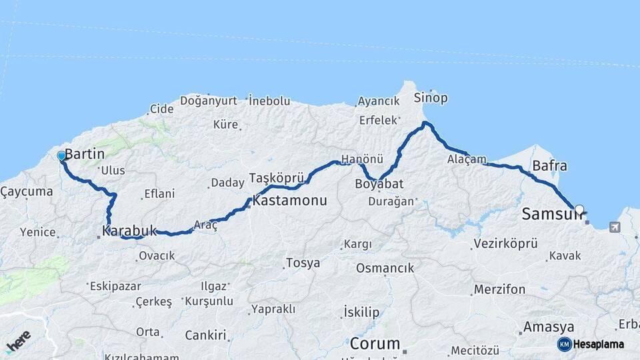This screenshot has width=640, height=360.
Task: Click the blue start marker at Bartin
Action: coord(61,156)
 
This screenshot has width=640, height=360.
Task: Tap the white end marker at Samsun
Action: coord(579,209)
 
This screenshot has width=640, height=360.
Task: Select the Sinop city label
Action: coord(431,98)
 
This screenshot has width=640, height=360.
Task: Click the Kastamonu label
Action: coord(289,201)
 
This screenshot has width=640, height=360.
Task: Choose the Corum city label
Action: coord(375,344)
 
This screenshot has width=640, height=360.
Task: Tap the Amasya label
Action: coord(548,327)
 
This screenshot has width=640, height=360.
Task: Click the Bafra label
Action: coord(550,165)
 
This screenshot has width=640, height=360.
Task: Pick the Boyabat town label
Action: coord(379,183)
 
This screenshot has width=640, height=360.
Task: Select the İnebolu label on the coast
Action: coord(269,101)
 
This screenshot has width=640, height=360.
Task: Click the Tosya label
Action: coord(303,263)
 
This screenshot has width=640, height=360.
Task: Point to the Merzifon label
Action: coord(499,289)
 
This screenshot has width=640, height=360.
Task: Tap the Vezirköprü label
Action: coord(505,243)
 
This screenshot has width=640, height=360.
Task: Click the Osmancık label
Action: coord(385,268)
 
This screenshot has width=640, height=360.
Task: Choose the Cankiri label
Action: coord(205,335)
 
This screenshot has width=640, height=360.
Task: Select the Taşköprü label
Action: coord(277,178)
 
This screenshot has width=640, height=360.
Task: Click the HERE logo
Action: coord(18,340)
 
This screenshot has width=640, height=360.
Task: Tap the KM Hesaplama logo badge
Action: coord(591,344)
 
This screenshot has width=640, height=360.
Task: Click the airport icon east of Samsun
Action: coord(613,227)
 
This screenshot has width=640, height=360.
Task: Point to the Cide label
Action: coord(161,109)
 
